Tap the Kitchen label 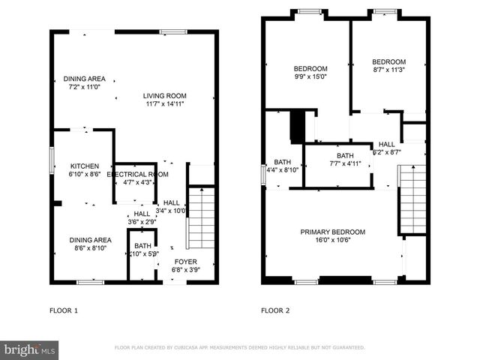click(85, 166)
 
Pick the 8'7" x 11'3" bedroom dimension click(389, 70)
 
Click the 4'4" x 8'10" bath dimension click(282, 170)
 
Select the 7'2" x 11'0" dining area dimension click(84, 87)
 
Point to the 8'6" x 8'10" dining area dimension click(90, 248)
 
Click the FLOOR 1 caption click(64, 310)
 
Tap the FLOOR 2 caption click(275, 310)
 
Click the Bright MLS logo click(30, 349)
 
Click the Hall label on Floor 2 click(386, 144)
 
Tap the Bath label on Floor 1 click(142, 246)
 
